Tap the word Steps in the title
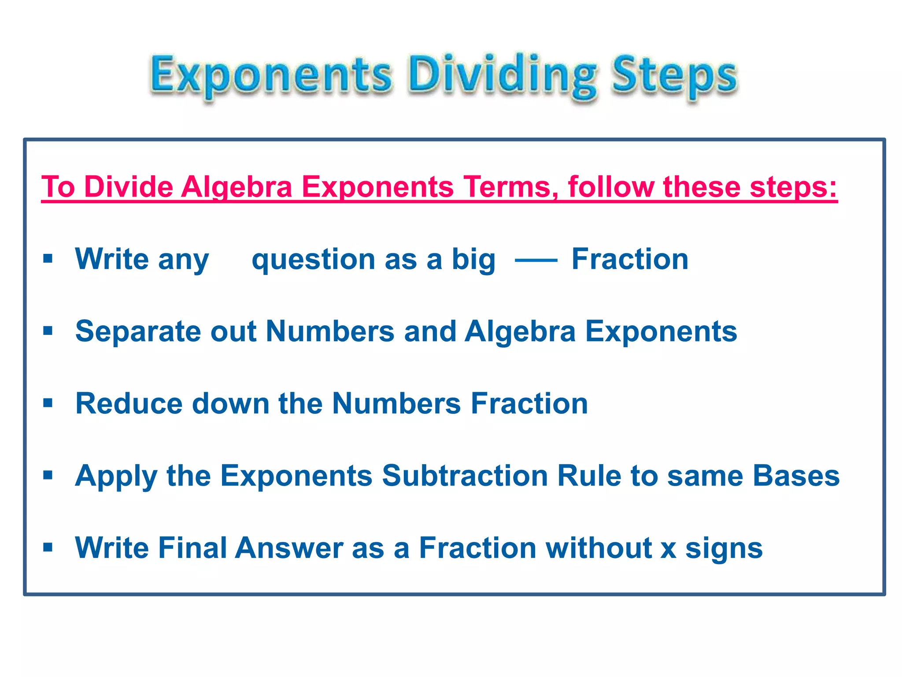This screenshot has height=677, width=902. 674,75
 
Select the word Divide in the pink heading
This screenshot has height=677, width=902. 129,187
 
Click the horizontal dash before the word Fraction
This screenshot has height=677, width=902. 536,260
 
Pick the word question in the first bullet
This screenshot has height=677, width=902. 313,260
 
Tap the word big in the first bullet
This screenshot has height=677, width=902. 473,260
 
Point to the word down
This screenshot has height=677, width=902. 231,403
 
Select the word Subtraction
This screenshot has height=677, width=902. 465,476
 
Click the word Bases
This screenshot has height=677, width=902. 796,476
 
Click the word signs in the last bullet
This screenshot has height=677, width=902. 724,549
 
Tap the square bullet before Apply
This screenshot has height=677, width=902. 48,475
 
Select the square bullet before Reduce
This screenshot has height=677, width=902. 48,403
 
